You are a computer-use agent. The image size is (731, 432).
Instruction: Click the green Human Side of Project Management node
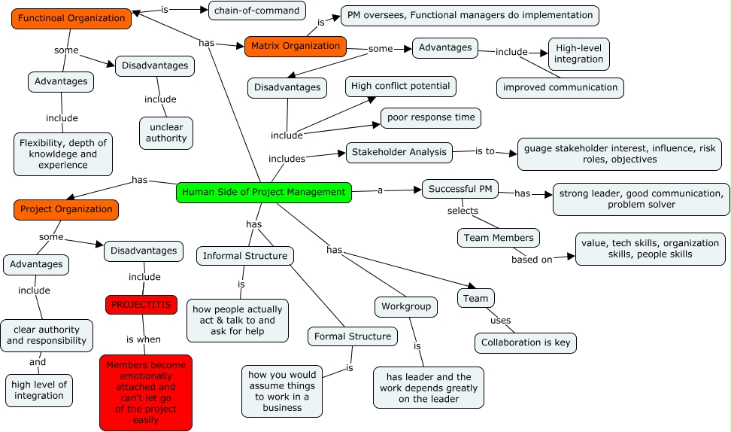point(264,192)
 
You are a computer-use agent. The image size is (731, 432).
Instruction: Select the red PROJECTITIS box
point(141,305)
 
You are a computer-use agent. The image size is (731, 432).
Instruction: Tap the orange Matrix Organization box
point(296,46)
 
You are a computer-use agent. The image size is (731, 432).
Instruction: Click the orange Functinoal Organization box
point(71,18)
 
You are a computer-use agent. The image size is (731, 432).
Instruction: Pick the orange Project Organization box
point(66,209)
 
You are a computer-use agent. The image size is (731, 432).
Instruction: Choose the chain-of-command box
point(247,10)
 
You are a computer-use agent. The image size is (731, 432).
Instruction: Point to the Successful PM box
point(460,189)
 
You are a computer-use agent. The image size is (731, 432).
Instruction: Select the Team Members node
point(499,238)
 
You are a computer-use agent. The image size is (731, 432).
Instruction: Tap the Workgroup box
point(406,306)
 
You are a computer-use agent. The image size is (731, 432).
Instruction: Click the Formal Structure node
point(353,336)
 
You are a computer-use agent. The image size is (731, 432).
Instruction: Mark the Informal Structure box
point(245,256)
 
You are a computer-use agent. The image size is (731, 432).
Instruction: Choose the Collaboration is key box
point(526,343)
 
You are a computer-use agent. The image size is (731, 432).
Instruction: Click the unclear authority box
point(166,132)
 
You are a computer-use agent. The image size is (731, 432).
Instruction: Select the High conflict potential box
point(401,86)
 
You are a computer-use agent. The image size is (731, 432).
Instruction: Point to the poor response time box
point(430,118)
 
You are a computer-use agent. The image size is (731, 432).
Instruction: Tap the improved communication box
point(560,87)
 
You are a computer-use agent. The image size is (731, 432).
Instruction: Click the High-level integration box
point(579,53)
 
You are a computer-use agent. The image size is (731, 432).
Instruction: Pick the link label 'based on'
point(532,260)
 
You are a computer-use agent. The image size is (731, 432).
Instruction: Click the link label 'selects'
point(463,211)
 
